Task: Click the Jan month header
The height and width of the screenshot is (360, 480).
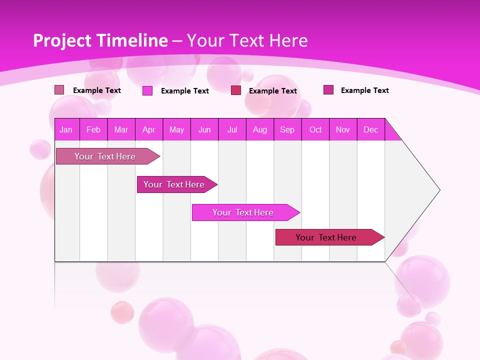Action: [x=66, y=129]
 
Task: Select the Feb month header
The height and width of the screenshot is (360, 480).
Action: [x=93, y=129]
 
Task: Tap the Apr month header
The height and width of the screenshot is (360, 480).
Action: [x=148, y=129]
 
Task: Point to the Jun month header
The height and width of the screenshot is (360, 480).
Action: [x=204, y=129]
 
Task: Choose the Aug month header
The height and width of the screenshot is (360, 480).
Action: [x=259, y=129]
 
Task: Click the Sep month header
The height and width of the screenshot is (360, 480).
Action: [x=287, y=129]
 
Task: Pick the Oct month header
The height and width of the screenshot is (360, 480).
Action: [x=315, y=129]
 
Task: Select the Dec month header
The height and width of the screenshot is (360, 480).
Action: [x=370, y=129]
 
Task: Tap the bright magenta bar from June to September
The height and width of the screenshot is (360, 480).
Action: [x=243, y=212]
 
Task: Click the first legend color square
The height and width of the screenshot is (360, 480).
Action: [x=59, y=90]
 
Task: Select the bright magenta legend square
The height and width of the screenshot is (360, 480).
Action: [x=147, y=90]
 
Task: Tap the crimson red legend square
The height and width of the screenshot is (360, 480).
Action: [x=236, y=90]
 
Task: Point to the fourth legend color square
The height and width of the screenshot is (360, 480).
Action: [x=328, y=90]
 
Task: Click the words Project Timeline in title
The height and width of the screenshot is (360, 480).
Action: [x=100, y=40]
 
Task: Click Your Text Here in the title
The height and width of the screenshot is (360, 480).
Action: [x=247, y=40]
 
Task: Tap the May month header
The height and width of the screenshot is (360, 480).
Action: [x=176, y=129]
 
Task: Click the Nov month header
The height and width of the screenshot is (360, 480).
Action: [x=343, y=129]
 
